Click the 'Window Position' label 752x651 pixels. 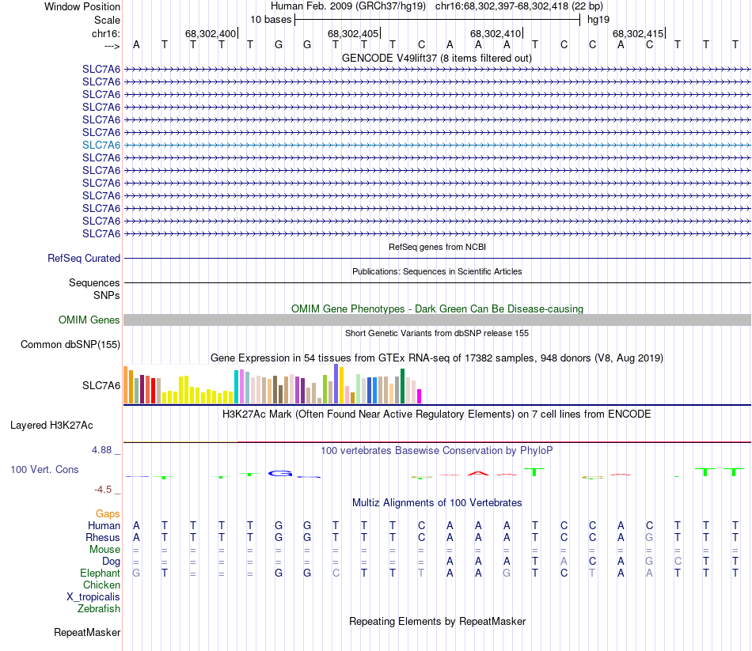click(82, 6)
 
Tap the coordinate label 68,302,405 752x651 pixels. click(353, 34)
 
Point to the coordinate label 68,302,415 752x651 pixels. click(638, 34)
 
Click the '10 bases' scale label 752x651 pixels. click(271, 19)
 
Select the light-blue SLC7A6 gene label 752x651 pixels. click(101, 145)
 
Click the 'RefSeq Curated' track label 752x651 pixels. click(84, 258)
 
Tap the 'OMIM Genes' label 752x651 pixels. click(89, 320)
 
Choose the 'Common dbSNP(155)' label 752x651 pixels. click(70, 344)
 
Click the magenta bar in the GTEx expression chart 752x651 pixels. click(420, 396)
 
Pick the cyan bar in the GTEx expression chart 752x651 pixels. click(237, 386)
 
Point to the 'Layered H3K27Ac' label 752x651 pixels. click(65, 425)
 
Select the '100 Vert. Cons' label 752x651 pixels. click(44, 469)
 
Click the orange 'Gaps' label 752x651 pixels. click(108, 514)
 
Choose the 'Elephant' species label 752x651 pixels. click(100, 573)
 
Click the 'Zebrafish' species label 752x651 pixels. click(99, 608)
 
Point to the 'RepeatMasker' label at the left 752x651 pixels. click(87, 632)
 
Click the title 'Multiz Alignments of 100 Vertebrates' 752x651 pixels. click(437, 502)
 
